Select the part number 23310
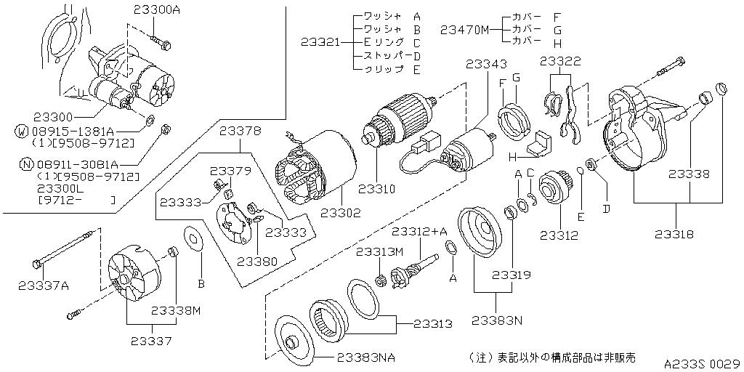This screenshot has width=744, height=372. pyautogui.click(x=376, y=190)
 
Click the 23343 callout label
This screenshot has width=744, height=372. pyautogui.click(x=487, y=65)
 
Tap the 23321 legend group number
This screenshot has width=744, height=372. pyautogui.click(x=320, y=42)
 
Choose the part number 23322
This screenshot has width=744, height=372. pyautogui.click(x=560, y=62)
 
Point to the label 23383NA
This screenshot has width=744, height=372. pyautogui.click(x=366, y=357)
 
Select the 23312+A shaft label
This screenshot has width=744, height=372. pyautogui.click(x=419, y=232)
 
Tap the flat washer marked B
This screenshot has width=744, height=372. pyautogui.click(x=193, y=238)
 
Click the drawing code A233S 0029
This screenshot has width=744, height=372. pyautogui.click(x=701, y=362)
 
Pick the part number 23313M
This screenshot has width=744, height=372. pyautogui.click(x=378, y=251)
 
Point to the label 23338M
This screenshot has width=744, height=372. pyautogui.click(x=175, y=310)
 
